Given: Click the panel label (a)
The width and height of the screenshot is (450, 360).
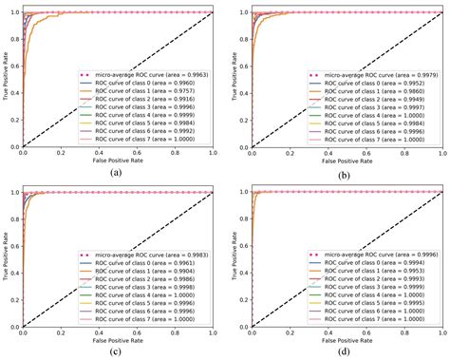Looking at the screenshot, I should (x=115, y=172).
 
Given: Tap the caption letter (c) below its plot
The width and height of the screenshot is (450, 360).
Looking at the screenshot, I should (x=115, y=351).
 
